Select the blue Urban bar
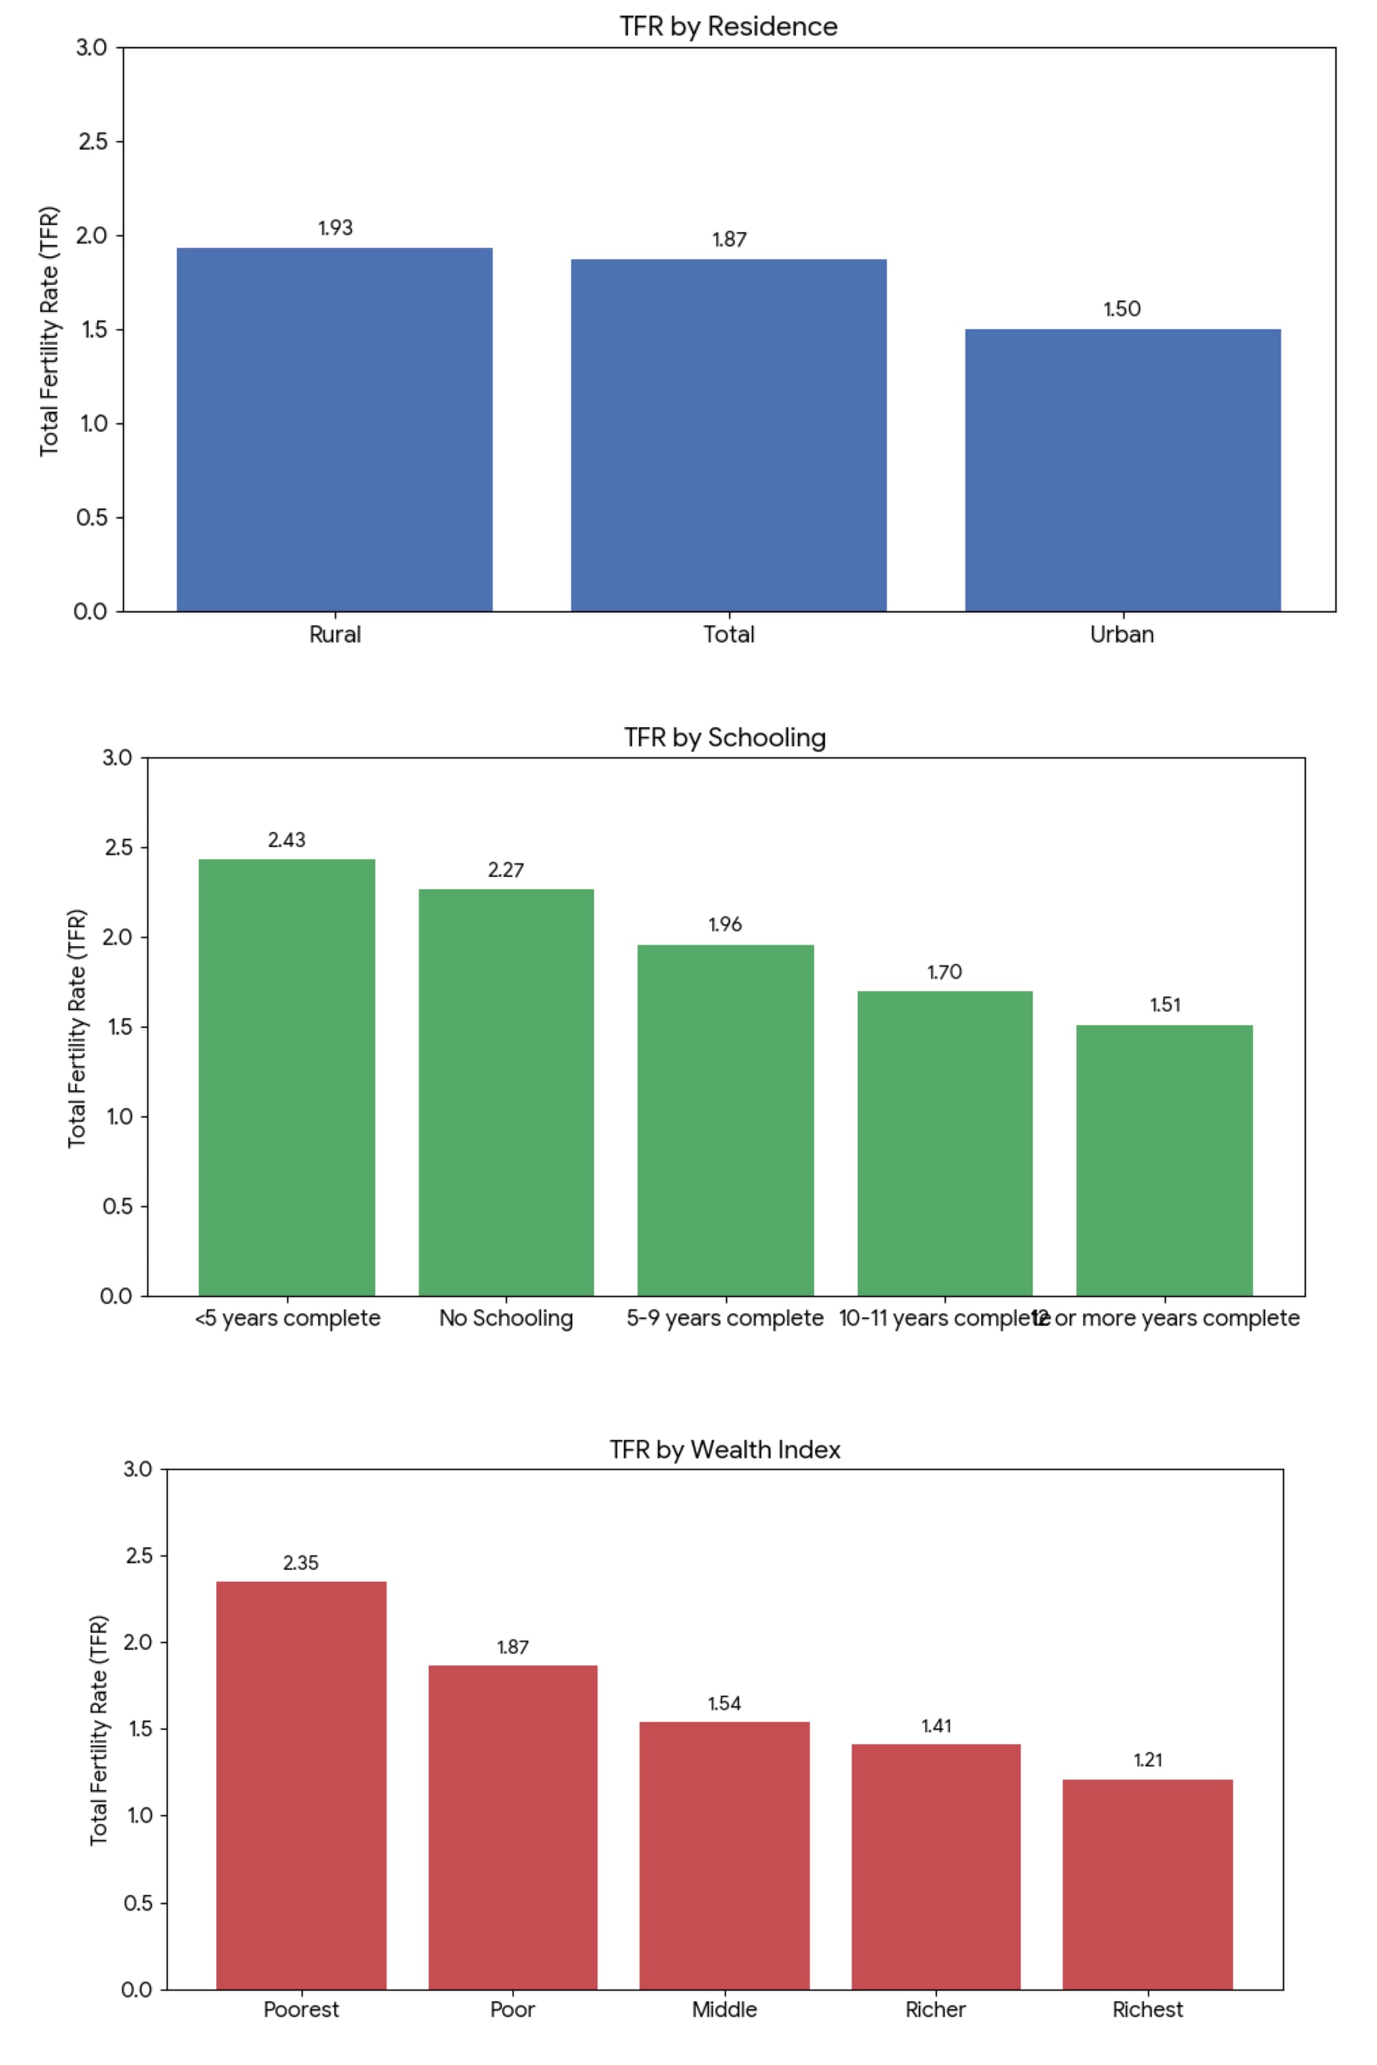[x=1122, y=470]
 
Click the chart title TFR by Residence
[x=728, y=26]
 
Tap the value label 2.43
[x=287, y=839]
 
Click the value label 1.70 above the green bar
[x=945, y=972]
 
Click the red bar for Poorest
[x=302, y=1785]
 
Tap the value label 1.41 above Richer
[x=936, y=1726]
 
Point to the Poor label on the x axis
[x=513, y=2010]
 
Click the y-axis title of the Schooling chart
[x=77, y=1027]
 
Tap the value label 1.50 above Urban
[x=1122, y=309]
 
